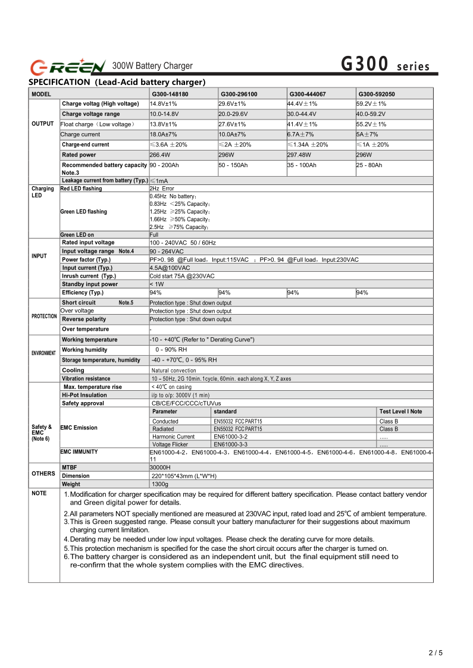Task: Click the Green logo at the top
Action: (68, 65)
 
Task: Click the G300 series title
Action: (385, 64)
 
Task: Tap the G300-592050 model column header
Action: (376, 94)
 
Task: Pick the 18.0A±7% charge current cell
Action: (163, 134)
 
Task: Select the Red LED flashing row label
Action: (81, 189)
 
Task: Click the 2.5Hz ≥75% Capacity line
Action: (178, 227)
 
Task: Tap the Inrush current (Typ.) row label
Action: (89, 276)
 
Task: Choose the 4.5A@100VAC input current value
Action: (170, 268)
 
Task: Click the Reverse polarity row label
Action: (84, 319)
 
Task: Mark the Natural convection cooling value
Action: (174, 371)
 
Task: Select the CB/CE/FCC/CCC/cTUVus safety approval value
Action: (186, 403)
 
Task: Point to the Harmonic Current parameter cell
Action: (173, 437)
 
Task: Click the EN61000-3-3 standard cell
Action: (230, 444)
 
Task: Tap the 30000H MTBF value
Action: (160, 468)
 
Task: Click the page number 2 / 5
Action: (436, 653)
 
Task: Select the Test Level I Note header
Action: (400, 412)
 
